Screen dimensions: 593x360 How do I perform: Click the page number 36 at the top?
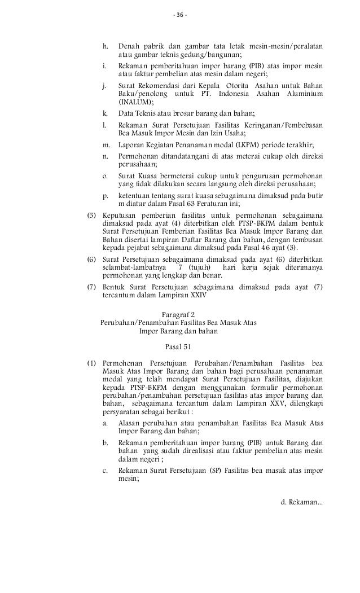coord(180,14)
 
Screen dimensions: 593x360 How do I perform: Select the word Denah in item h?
coord(129,46)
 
